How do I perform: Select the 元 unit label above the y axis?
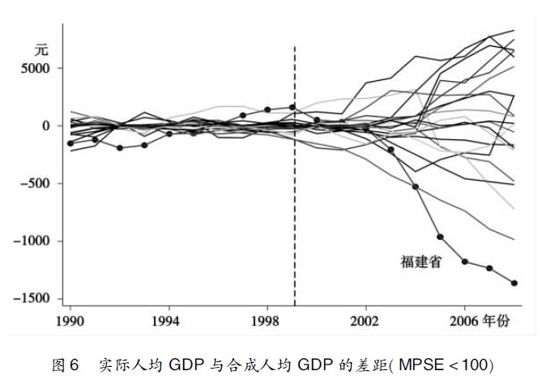pos(42,50)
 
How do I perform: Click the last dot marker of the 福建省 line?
pos(514,283)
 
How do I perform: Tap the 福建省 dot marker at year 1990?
pos(70,143)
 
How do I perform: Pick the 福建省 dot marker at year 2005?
pos(440,237)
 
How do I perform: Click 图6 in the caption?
pos(64,365)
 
